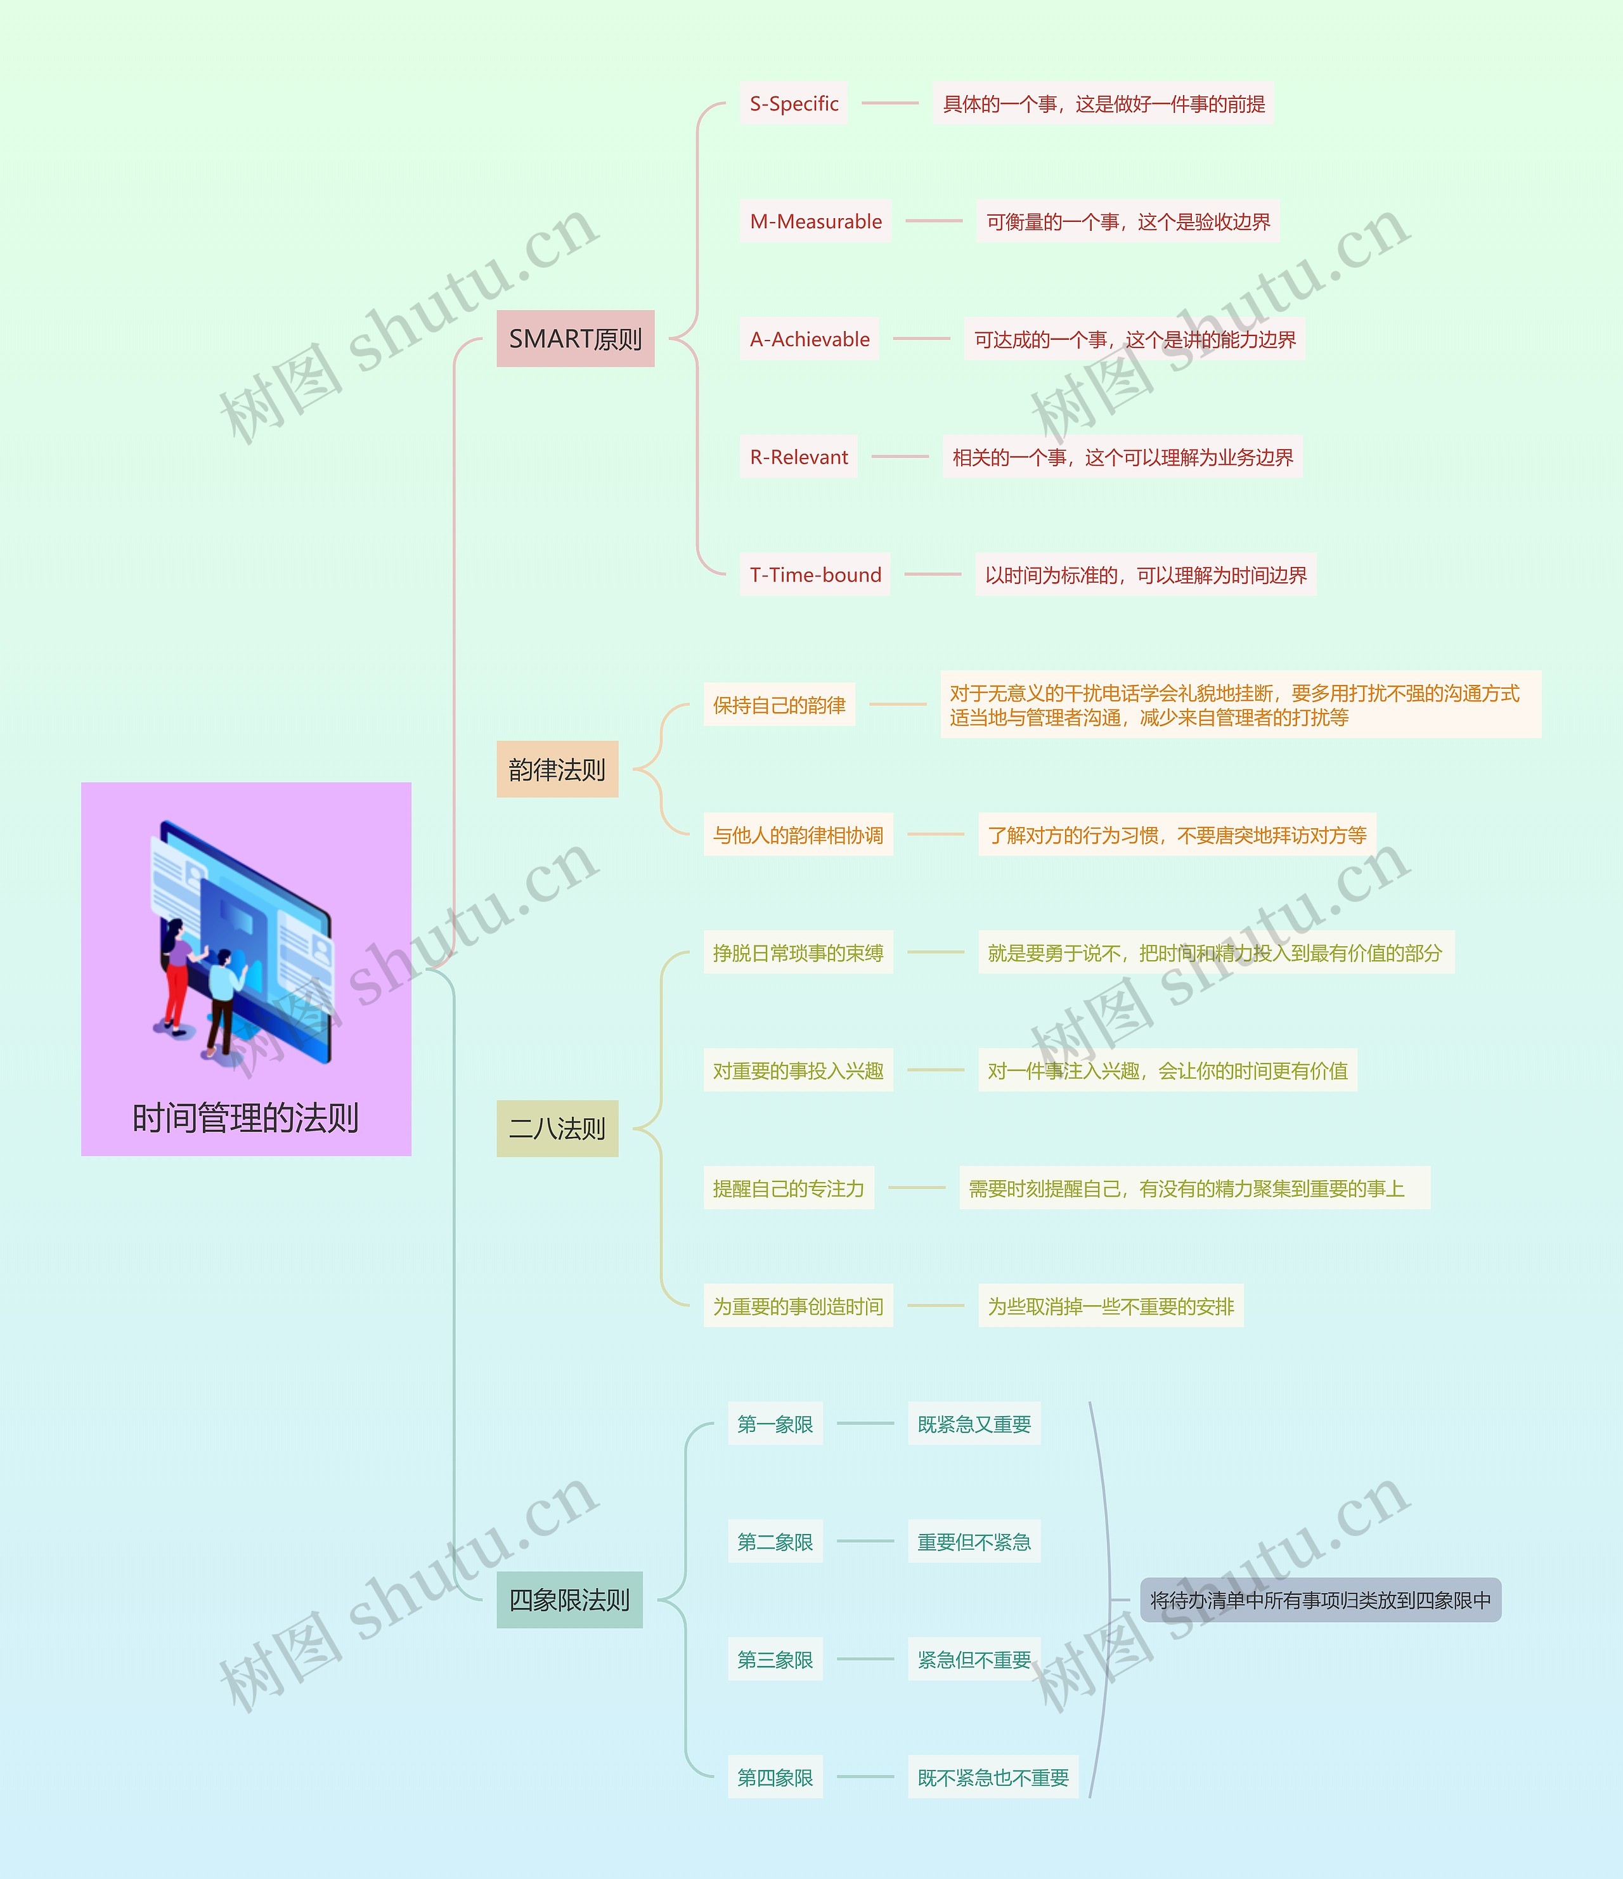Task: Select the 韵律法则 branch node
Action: [x=557, y=769]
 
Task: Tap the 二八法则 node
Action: [x=557, y=1128]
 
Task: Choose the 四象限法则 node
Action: [x=569, y=1600]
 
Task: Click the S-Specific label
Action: [x=793, y=103]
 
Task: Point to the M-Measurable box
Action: [x=815, y=221]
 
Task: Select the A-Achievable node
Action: [x=809, y=339]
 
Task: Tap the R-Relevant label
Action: [x=798, y=457]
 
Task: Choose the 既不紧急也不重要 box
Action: [x=993, y=1778]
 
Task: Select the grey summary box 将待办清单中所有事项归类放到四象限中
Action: [x=1320, y=1601]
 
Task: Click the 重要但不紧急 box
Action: [x=974, y=1542]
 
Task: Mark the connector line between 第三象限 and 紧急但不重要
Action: [x=865, y=1660]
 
